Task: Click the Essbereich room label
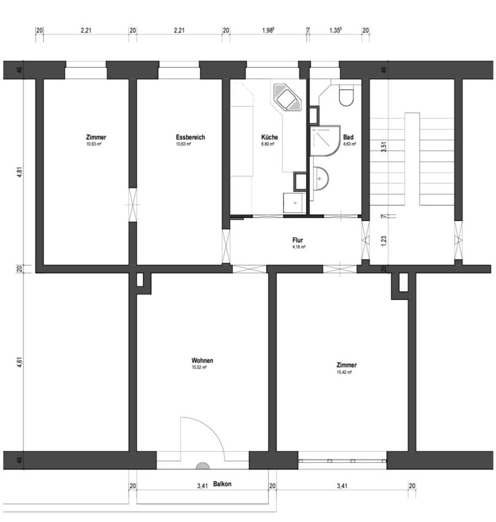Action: [x=190, y=138]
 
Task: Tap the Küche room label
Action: [x=269, y=138]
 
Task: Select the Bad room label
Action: [x=349, y=138]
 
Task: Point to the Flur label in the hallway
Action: [x=298, y=240]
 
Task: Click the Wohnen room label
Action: [x=202, y=361]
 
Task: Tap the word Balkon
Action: [x=222, y=484]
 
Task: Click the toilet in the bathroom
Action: [x=346, y=97]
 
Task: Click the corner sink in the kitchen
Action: [x=286, y=98]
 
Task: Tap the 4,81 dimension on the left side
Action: [x=20, y=172]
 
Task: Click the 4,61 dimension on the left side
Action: [x=20, y=362]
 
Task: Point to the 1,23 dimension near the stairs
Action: [x=384, y=241]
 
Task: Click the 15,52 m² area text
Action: [x=199, y=368]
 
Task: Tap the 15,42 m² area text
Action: [x=344, y=372]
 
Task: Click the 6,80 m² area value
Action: [x=269, y=145]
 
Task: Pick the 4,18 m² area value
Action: [x=298, y=247]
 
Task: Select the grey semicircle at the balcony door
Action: [x=202, y=465]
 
